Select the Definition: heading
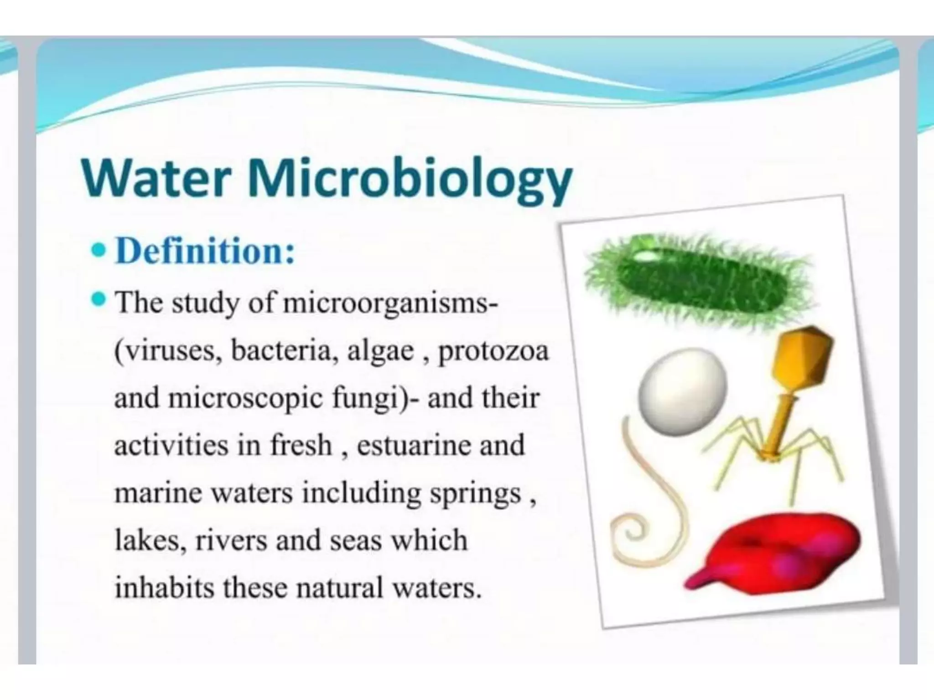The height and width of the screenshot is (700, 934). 205,252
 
